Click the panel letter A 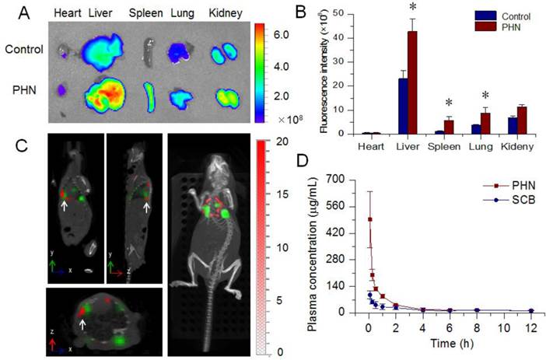(19, 13)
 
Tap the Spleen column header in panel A (146, 12)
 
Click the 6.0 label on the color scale (282, 35)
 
